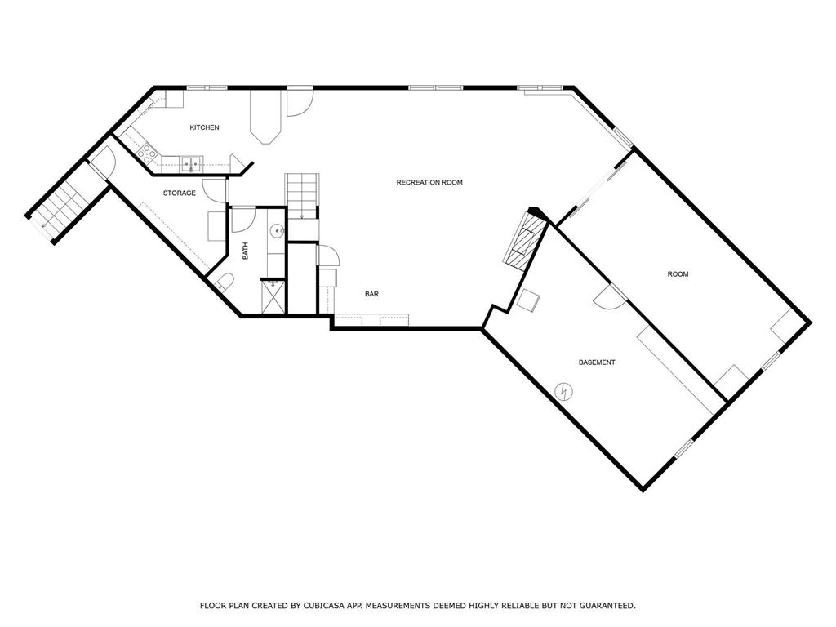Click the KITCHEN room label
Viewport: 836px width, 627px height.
[204, 127]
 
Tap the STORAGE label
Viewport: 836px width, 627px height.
[179, 193]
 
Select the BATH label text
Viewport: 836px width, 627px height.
[245, 251]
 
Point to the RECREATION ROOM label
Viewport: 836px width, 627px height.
[429, 182]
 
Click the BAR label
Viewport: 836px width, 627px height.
[371, 294]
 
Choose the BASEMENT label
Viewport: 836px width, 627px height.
[597, 362]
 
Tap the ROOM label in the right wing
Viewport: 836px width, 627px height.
[678, 274]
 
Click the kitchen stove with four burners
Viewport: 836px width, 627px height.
[149, 152]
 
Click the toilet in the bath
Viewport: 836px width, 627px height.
[225, 282]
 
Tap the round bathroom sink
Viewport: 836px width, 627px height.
[278, 230]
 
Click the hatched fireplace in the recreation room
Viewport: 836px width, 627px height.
[524, 241]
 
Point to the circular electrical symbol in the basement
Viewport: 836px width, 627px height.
[563, 391]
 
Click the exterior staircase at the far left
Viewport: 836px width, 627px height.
[60, 209]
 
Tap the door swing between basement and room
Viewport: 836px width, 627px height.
[608, 298]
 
